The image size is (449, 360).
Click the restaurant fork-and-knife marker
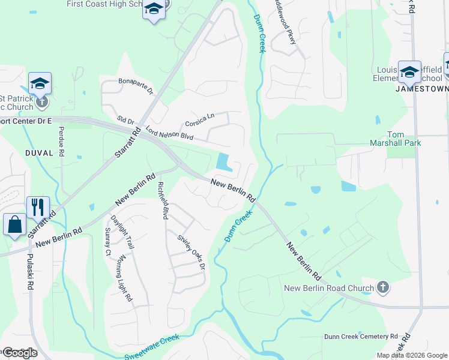click(x=38, y=208)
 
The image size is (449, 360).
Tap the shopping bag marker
click(x=14, y=225)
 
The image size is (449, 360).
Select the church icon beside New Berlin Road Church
click(x=383, y=288)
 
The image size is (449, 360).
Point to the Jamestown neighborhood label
click(x=422, y=89)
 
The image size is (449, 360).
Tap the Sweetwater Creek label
click(x=152, y=347)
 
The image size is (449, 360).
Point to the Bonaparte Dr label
click(x=136, y=86)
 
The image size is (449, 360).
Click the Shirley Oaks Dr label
click(x=191, y=252)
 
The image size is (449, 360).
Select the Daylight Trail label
click(x=122, y=232)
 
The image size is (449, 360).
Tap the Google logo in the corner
click(x=19, y=353)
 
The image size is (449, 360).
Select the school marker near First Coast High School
click(x=154, y=11)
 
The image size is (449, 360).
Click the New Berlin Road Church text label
click(x=328, y=288)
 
